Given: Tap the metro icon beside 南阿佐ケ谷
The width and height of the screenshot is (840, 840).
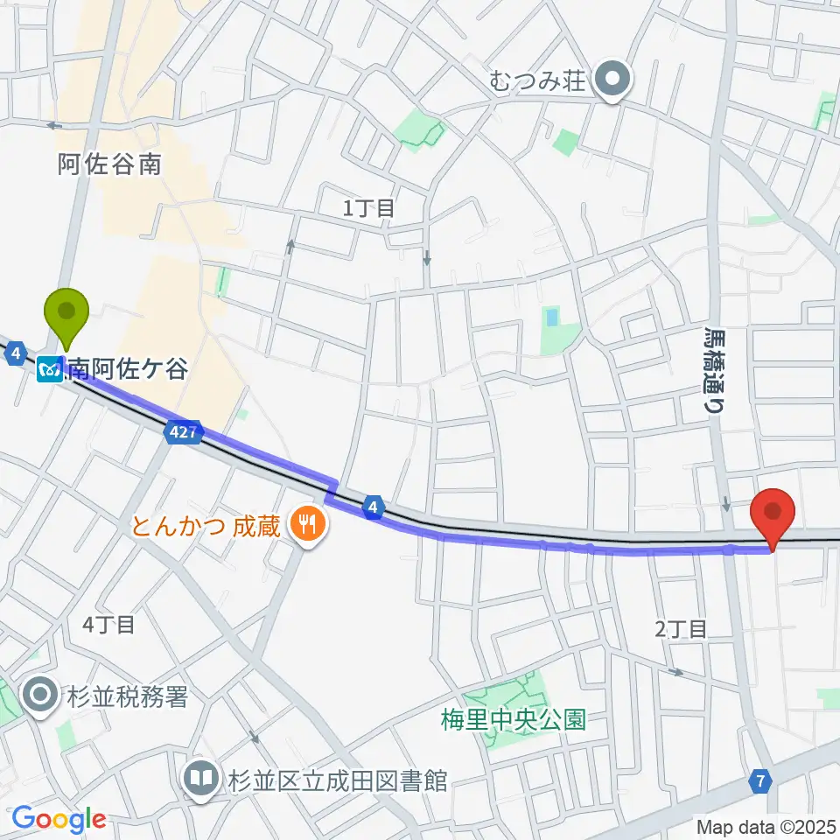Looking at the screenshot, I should [50, 369].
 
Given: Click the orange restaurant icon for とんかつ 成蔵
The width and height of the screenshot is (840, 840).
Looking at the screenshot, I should [306, 526].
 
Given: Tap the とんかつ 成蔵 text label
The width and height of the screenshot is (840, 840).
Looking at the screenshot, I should [206, 527].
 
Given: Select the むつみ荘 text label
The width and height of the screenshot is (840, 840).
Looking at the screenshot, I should [537, 82].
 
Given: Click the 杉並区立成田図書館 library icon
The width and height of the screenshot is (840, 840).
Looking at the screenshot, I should [201, 778].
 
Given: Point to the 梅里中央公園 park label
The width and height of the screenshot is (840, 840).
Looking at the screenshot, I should [513, 721].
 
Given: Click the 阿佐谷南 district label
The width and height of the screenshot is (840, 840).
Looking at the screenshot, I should [110, 164].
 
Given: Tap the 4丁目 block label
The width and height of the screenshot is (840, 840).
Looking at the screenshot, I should [108, 625].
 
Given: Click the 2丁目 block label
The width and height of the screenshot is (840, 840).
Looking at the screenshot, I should [680, 627].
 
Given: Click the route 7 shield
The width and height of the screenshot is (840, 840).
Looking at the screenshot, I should [761, 780].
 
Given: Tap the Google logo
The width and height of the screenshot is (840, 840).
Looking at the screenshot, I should [59, 819].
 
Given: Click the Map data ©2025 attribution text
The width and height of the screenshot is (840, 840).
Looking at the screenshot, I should [765, 825].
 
